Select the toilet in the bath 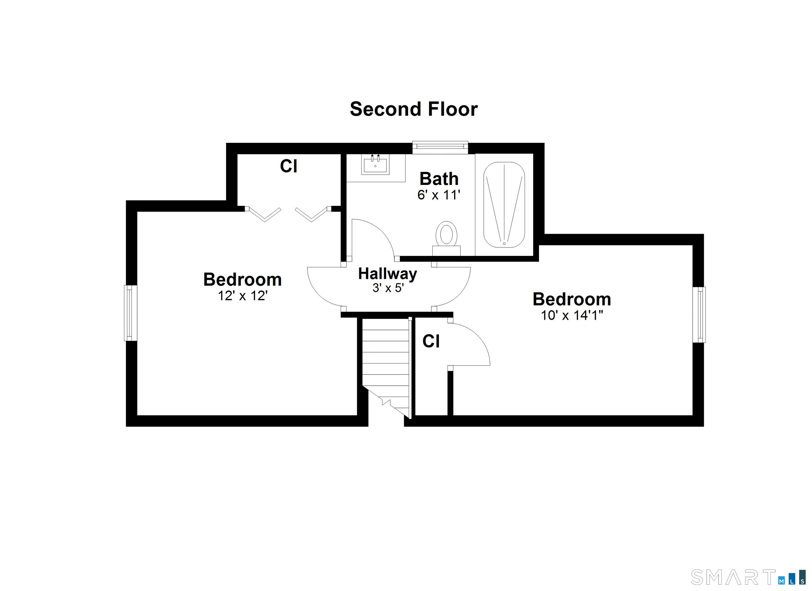(x=446, y=238)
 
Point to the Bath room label (x=439, y=179)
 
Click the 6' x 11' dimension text (x=439, y=195)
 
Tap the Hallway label (x=388, y=274)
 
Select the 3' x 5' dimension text (x=388, y=288)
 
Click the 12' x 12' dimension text (x=243, y=296)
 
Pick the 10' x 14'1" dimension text (x=572, y=315)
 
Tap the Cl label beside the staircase (x=431, y=341)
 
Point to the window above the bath (x=440, y=147)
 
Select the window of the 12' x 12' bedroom (x=131, y=313)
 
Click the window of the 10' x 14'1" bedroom (x=699, y=315)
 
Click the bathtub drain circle (x=504, y=243)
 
